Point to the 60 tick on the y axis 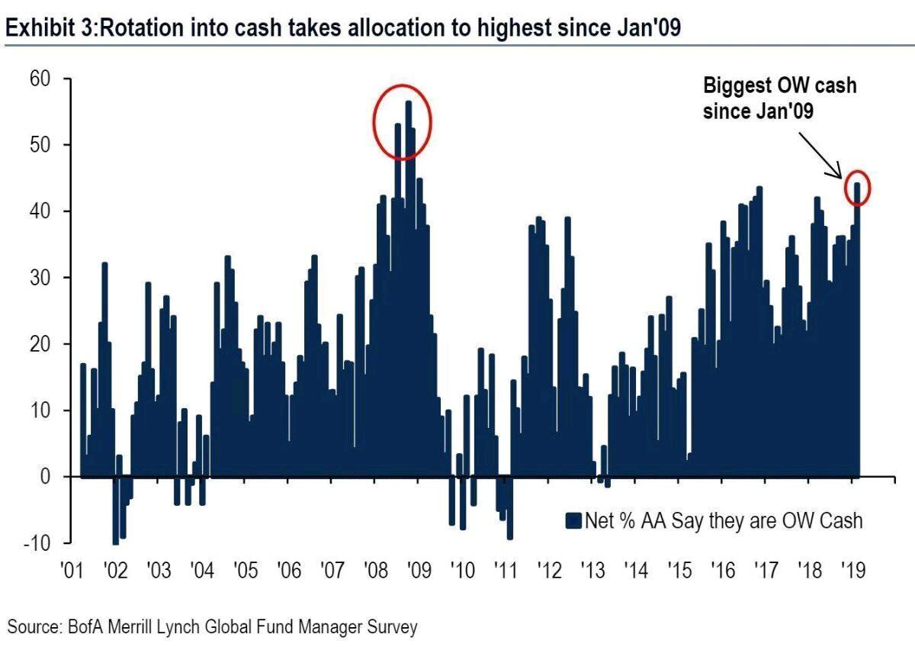point(39,79)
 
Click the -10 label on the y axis point(37,543)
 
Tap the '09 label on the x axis point(418,571)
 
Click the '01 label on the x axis point(72,571)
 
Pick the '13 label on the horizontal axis point(592,571)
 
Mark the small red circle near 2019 point(857,188)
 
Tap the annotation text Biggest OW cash point(779,85)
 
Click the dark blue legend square point(573,520)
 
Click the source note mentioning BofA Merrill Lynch point(213,627)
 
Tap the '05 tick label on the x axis point(245,571)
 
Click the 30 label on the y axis point(39,278)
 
